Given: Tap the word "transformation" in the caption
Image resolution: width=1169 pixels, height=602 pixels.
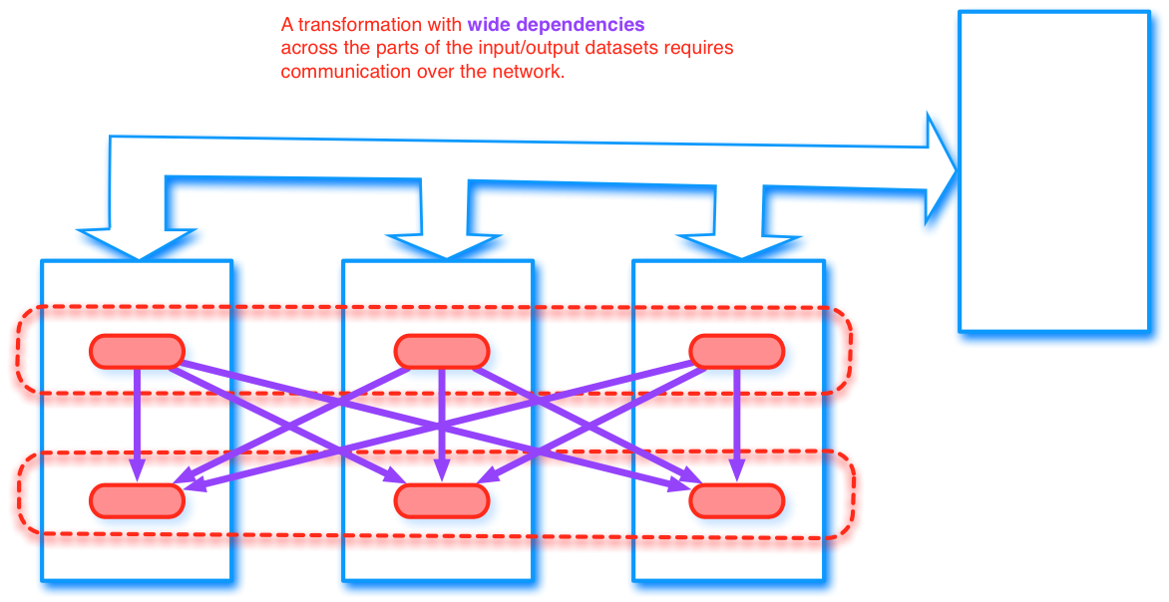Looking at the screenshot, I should [x=358, y=24].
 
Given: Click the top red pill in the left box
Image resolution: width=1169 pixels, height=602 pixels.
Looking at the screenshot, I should [x=138, y=351].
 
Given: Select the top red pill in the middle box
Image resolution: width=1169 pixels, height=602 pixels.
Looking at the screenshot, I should [x=442, y=351].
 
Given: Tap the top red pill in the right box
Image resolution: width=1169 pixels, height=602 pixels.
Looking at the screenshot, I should [x=737, y=351].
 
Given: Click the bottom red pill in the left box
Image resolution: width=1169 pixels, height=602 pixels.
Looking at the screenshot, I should [x=138, y=500].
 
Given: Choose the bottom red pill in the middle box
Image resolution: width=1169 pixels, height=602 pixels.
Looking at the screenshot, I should [x=442, y=500].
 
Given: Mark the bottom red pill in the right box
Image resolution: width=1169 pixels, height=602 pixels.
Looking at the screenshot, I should [x=737, y=500].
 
